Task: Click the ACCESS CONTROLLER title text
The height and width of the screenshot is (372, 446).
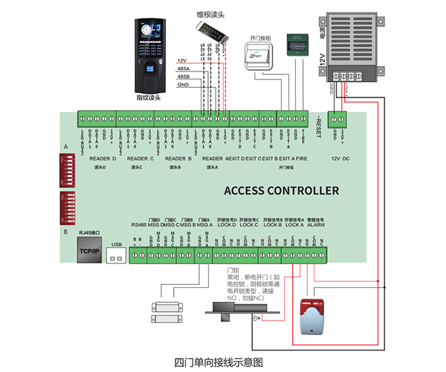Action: point(282,191)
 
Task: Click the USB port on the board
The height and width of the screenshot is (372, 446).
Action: point(116,254)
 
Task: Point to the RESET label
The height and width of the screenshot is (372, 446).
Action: point(317,130)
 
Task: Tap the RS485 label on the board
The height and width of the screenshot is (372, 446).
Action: point(139,225)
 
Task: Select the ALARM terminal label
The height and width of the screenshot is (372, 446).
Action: point(315,225)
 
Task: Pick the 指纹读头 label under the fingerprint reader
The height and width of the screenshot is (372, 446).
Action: point(149,97)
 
